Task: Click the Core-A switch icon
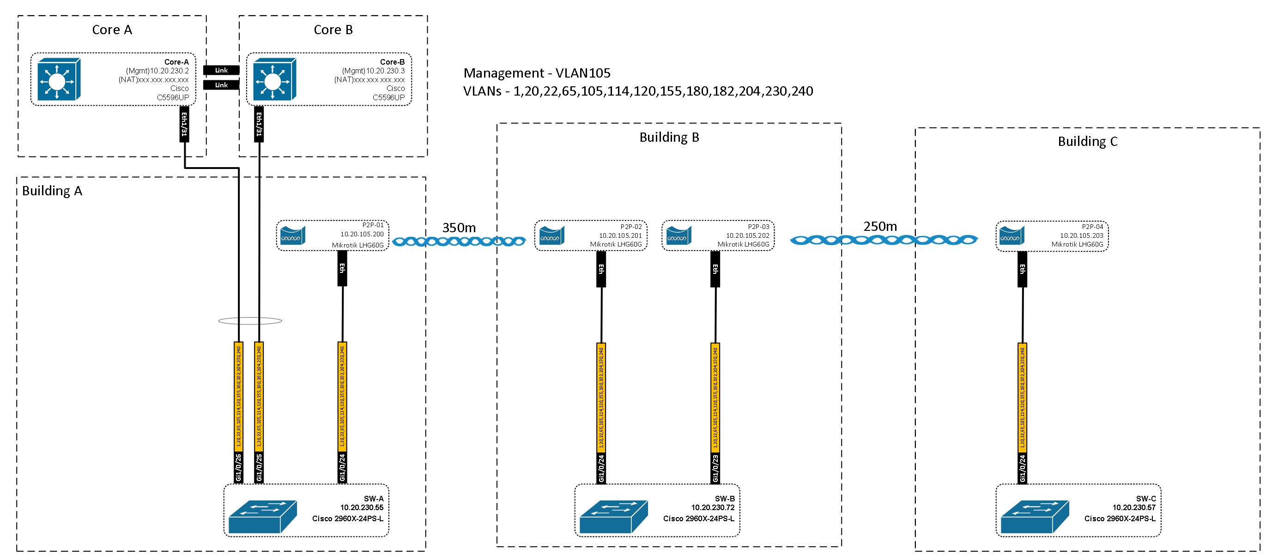[59, 79]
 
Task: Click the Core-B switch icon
[274, 79]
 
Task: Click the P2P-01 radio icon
[293, 235]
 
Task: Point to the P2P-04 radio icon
[1011, 235]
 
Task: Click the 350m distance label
[459, 228]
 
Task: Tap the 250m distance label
[880, 227]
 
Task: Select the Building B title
[669, 138]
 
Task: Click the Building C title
[1088, 141]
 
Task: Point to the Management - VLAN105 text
[537, 73]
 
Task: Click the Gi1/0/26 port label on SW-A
[239, 467]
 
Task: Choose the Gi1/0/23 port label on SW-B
[715, 468]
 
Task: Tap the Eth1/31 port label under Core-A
[184, 125]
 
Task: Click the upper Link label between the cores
[221, 71]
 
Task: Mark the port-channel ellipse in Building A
[250, 321]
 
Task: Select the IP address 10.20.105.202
[747, 235]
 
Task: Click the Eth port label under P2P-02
[601, 269]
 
